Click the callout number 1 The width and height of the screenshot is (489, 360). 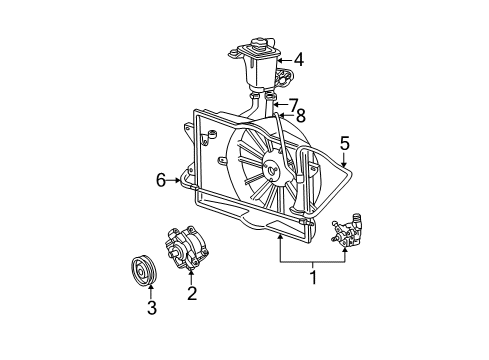tap(313, 277)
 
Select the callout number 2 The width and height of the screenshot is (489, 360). tap(192, 293)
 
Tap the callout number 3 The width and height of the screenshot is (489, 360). tap(152, 308)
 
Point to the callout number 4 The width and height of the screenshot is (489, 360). tap(299, 60)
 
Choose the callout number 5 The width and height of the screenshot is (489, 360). tap(345, 143)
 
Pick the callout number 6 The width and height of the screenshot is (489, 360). tap(161, 180)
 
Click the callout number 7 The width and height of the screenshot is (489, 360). tap(292, 105)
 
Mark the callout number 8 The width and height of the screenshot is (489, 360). tap(300, 116)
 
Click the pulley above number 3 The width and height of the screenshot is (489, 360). tap(144, 271)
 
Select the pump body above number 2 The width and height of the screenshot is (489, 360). tap(186, 248)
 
